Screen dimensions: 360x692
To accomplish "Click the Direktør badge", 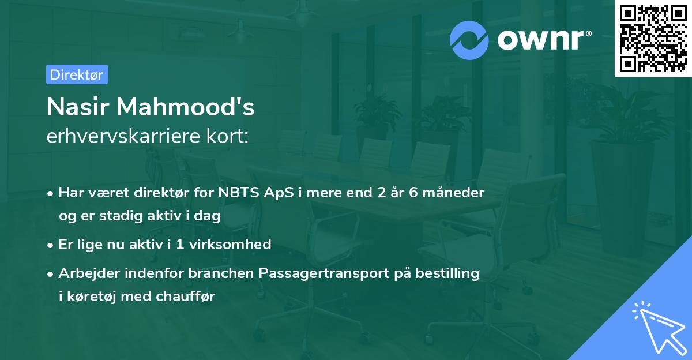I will tap(77, 74).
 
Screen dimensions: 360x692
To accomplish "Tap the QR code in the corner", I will tap(652, 39).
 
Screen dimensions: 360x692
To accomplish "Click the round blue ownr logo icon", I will tap(469, 40).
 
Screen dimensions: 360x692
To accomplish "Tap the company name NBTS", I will tap(238, 192).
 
